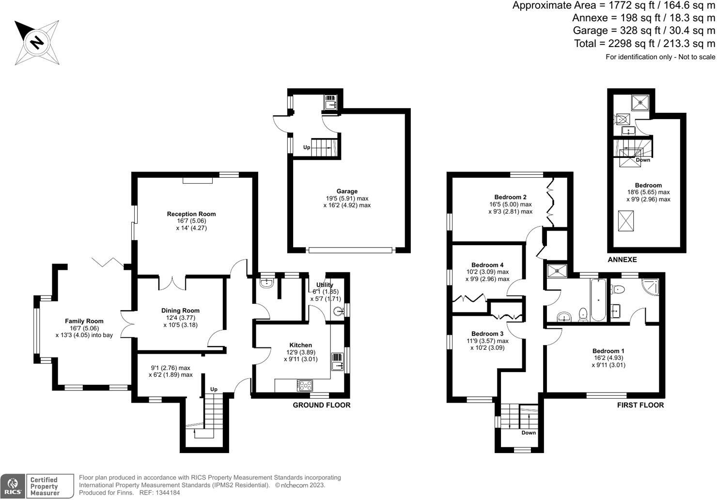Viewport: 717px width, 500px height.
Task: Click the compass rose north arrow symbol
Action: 36,42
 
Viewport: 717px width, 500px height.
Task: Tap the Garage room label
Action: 347,192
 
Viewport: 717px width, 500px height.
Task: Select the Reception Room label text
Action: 191,214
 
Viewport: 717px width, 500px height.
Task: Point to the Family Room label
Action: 84,321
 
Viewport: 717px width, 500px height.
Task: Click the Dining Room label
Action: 180,311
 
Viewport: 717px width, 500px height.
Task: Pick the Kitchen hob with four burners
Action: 305,386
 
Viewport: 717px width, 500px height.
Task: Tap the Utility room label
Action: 325,285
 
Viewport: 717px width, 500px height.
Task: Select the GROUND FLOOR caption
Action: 321,405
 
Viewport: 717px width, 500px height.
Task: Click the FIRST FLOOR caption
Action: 640,405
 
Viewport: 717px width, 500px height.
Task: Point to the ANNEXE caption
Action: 622,260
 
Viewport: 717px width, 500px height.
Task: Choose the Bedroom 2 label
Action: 510,198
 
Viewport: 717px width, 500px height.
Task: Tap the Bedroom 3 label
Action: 487,334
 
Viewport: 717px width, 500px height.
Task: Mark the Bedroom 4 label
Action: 487,265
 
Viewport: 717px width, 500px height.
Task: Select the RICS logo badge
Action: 13,486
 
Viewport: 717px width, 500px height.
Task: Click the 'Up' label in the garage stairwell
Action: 307,147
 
